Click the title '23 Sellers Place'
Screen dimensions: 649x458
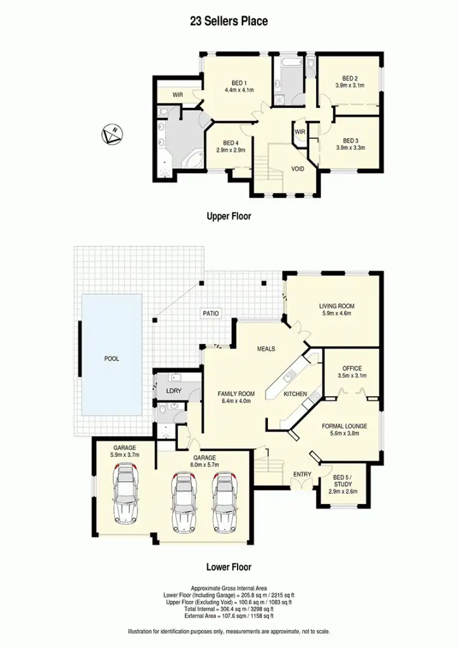229,21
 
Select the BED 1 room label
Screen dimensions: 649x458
239,83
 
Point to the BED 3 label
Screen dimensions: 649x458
350,140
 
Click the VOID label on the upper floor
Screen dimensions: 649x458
298,169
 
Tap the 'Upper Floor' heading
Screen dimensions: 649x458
229,216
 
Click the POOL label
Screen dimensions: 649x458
111,359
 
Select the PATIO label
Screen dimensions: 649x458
210,313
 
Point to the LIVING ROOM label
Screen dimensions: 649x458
336,306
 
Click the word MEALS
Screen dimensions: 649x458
266,349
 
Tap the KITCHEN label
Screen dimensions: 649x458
295,394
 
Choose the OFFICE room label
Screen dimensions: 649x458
352,368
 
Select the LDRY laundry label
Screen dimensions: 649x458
174,391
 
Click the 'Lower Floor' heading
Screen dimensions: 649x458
229,567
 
